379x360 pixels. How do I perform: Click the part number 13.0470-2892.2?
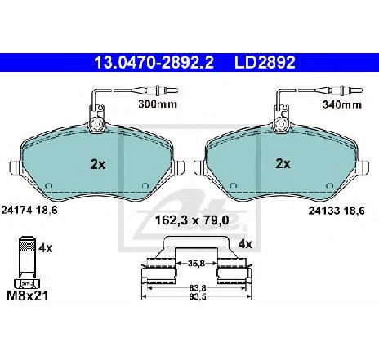coord(154,62)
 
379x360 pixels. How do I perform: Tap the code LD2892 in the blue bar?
coord(265,62)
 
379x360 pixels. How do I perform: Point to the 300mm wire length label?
coord(158,104)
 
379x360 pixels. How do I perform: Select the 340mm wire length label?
coord(341,104)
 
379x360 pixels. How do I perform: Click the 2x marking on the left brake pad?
coord(98,164)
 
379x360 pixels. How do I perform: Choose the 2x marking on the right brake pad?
coord(283,163)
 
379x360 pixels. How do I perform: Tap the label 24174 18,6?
coord(29,210)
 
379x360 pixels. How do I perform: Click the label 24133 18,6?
coord(337,211)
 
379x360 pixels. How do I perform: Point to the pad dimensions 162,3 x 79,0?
coord(192,220)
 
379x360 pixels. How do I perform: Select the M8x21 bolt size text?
coord(27,296)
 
